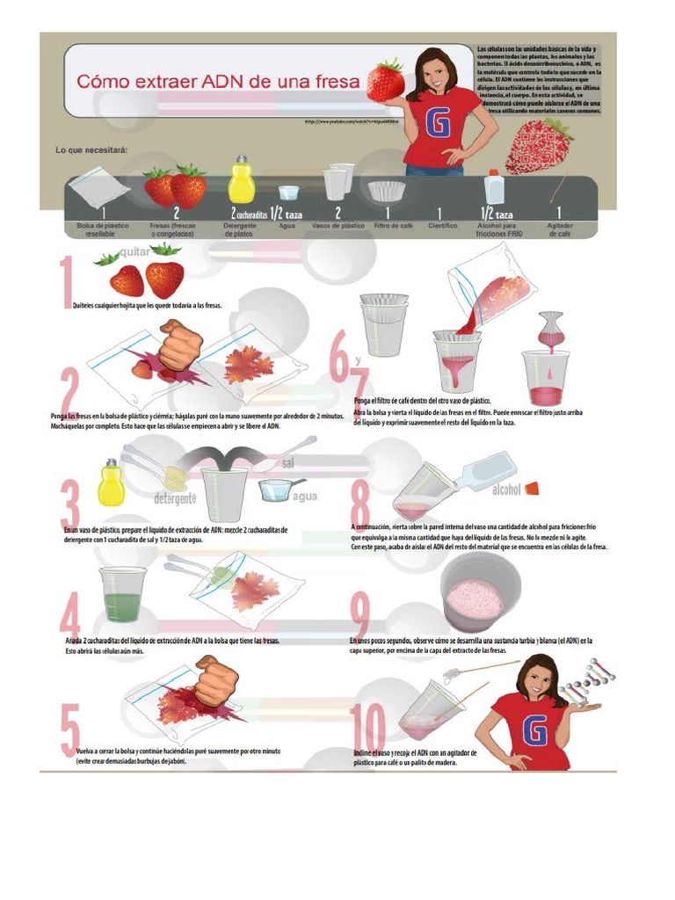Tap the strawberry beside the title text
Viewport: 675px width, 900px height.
pyautogui.click(x=386, y=80)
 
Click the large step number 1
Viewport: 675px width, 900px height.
pyautogui.click(x=66, y=283)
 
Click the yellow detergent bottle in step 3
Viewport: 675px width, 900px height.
pyautogui.click(x=111, y=483)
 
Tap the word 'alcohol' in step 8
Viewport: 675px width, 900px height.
pyautogui.click(x=508, y=489)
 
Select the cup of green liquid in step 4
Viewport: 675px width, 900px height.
pyautogui.click(x=122, y=595)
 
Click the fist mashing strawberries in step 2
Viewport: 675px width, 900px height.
pyautogui.click(x=180, y=345)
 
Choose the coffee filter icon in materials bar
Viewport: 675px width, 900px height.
pyautogui.click(x=387, y=190)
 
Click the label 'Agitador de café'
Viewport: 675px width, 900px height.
pyautogui.click(x=559, y=229)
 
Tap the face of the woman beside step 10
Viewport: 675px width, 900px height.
pyautogui.click(x=538, y=679)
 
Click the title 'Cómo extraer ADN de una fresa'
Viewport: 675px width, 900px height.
pyautogui.click(x=219, y=83)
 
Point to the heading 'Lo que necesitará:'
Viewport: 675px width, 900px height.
pyautogui.click(x=92, y=150)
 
